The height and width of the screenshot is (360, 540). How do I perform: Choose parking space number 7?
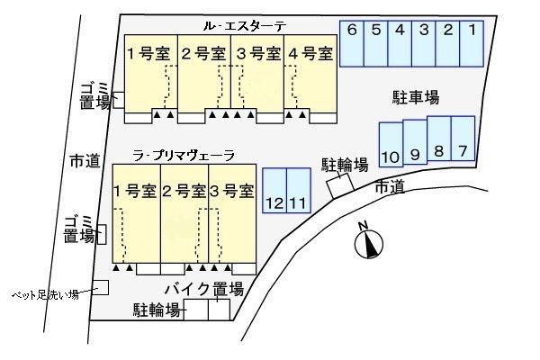click(463, 139)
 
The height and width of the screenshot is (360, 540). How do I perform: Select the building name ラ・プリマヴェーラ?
click(184, 156)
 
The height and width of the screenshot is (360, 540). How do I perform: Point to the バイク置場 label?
click(204, 289)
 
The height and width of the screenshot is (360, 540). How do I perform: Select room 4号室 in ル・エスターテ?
click(310, 53)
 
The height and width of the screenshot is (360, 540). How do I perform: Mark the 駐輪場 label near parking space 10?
click(346, 165)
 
